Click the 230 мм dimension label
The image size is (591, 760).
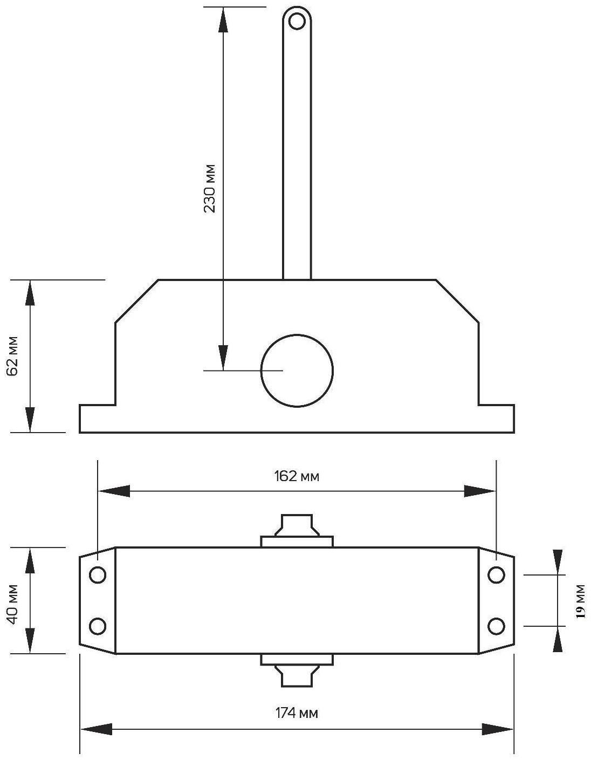pos(210,188)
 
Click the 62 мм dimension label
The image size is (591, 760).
pos(13,356)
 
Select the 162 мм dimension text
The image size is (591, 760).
pos(297,476)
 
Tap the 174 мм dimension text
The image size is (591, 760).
pos(297,713)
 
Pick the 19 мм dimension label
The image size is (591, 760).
pos(580,600)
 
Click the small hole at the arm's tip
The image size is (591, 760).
pos(297,21)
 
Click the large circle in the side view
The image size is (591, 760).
pos(297,371)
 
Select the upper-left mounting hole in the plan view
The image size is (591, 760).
pos(98,576)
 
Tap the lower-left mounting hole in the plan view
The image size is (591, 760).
pos(98,626)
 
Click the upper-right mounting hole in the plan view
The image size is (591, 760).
pos(496,576)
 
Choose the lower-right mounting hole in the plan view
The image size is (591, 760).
pos(496,626)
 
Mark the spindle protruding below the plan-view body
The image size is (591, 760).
pos(297,674)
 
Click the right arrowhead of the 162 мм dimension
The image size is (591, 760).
pos(480,491)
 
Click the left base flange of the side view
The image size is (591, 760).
pos(97,419)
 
